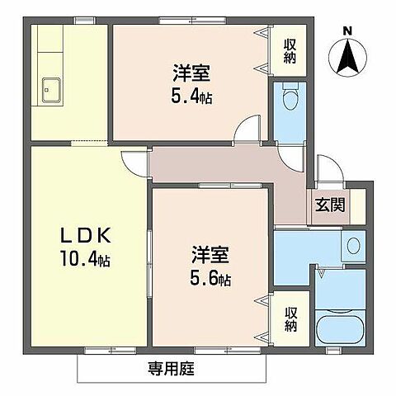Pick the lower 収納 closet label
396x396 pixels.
(291, 318)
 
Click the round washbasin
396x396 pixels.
(354, 245)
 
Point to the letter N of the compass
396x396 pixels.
(347, 31)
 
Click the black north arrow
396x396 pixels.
(347, 56)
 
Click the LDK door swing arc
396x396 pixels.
(132, 162)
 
